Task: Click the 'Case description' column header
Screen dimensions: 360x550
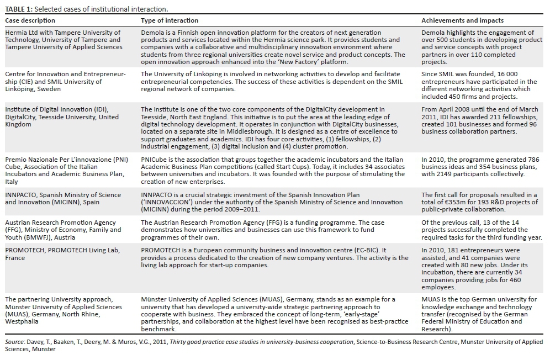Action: tap(28, 20)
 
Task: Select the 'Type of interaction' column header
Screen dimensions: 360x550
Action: tap(170, 20)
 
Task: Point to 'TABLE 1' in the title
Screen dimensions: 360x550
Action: tap(19, 9)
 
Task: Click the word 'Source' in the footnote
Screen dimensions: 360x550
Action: tap(14, 342)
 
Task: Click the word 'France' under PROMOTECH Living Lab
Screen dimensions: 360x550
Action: tap(15, 257)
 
